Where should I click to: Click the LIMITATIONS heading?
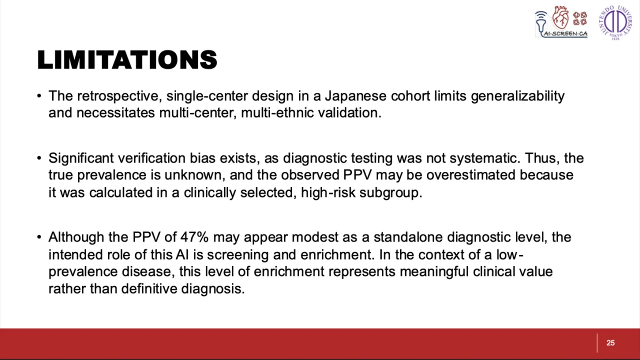click(x=127, y=60)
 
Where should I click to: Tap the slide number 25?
click(x=610, y=343)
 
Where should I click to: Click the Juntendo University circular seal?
click(x=615, y=22)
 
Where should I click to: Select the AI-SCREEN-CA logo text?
click(x=565, y=33)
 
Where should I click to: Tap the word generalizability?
click(x=517, y=96)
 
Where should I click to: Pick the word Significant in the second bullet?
click(x=81, y=158)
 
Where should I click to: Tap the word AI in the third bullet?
click(x=182, y=254)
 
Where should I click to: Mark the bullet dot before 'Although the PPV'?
click(x=39, y=237)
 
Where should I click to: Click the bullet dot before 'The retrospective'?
click(x=39, y=96)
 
